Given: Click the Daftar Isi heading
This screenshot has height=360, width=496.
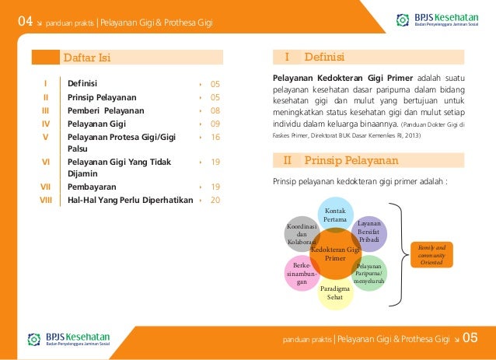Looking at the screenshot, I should click(86, 58).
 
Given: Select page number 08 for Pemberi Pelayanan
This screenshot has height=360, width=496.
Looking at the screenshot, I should click(215, 111).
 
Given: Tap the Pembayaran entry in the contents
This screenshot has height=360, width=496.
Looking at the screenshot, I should click(92, 187).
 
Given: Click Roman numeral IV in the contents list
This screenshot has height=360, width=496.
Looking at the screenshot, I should click(46, 124).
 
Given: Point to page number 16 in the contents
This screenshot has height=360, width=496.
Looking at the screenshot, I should click(215, 136).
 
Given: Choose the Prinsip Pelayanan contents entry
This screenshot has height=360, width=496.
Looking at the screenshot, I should click(102, 98).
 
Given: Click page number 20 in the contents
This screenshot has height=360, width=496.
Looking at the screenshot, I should click(215, 200).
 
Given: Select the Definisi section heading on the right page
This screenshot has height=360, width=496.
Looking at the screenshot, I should click(324, 58).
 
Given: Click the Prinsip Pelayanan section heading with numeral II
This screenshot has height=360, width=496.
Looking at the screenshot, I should click(351, 162).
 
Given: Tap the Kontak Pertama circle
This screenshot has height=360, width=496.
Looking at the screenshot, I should click(335, 215).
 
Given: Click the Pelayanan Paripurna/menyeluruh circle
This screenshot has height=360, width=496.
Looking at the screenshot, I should click(369, 274).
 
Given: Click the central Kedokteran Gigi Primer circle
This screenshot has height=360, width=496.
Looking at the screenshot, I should click(335, 253).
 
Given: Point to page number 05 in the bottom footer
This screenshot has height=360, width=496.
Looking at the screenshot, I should click(470, 338).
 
